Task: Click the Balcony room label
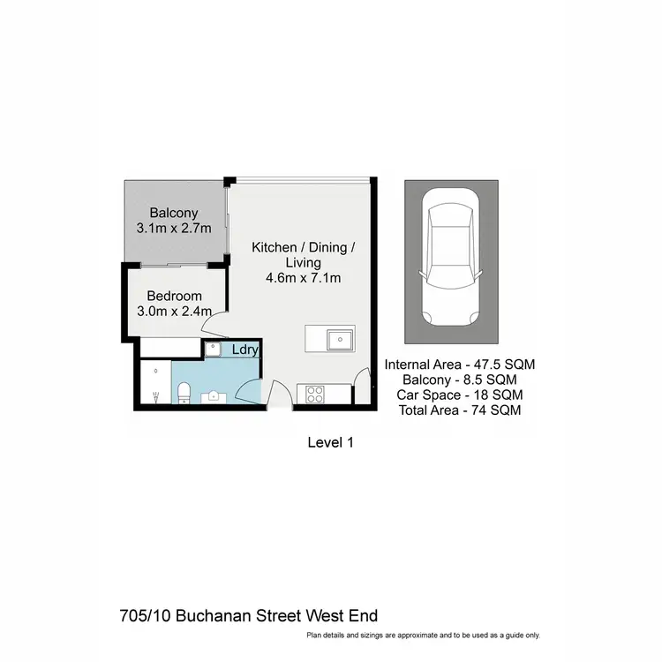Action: pos(173,213)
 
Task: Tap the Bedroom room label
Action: pos(175,296)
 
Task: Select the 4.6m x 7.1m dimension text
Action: pos(304,279)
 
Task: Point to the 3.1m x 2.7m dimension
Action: pos(173,229)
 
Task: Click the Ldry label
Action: pos(244,350)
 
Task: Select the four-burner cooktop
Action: pos(315,394)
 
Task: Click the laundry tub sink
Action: pos(213,350)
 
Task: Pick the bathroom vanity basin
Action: pos(214,396)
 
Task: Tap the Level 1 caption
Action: pos(330,443)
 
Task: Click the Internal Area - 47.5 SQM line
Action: pos(460,364)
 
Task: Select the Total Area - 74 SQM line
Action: pos(460,410)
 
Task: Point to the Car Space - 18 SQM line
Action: pos(460,395)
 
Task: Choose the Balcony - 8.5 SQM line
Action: pos(460,380)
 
